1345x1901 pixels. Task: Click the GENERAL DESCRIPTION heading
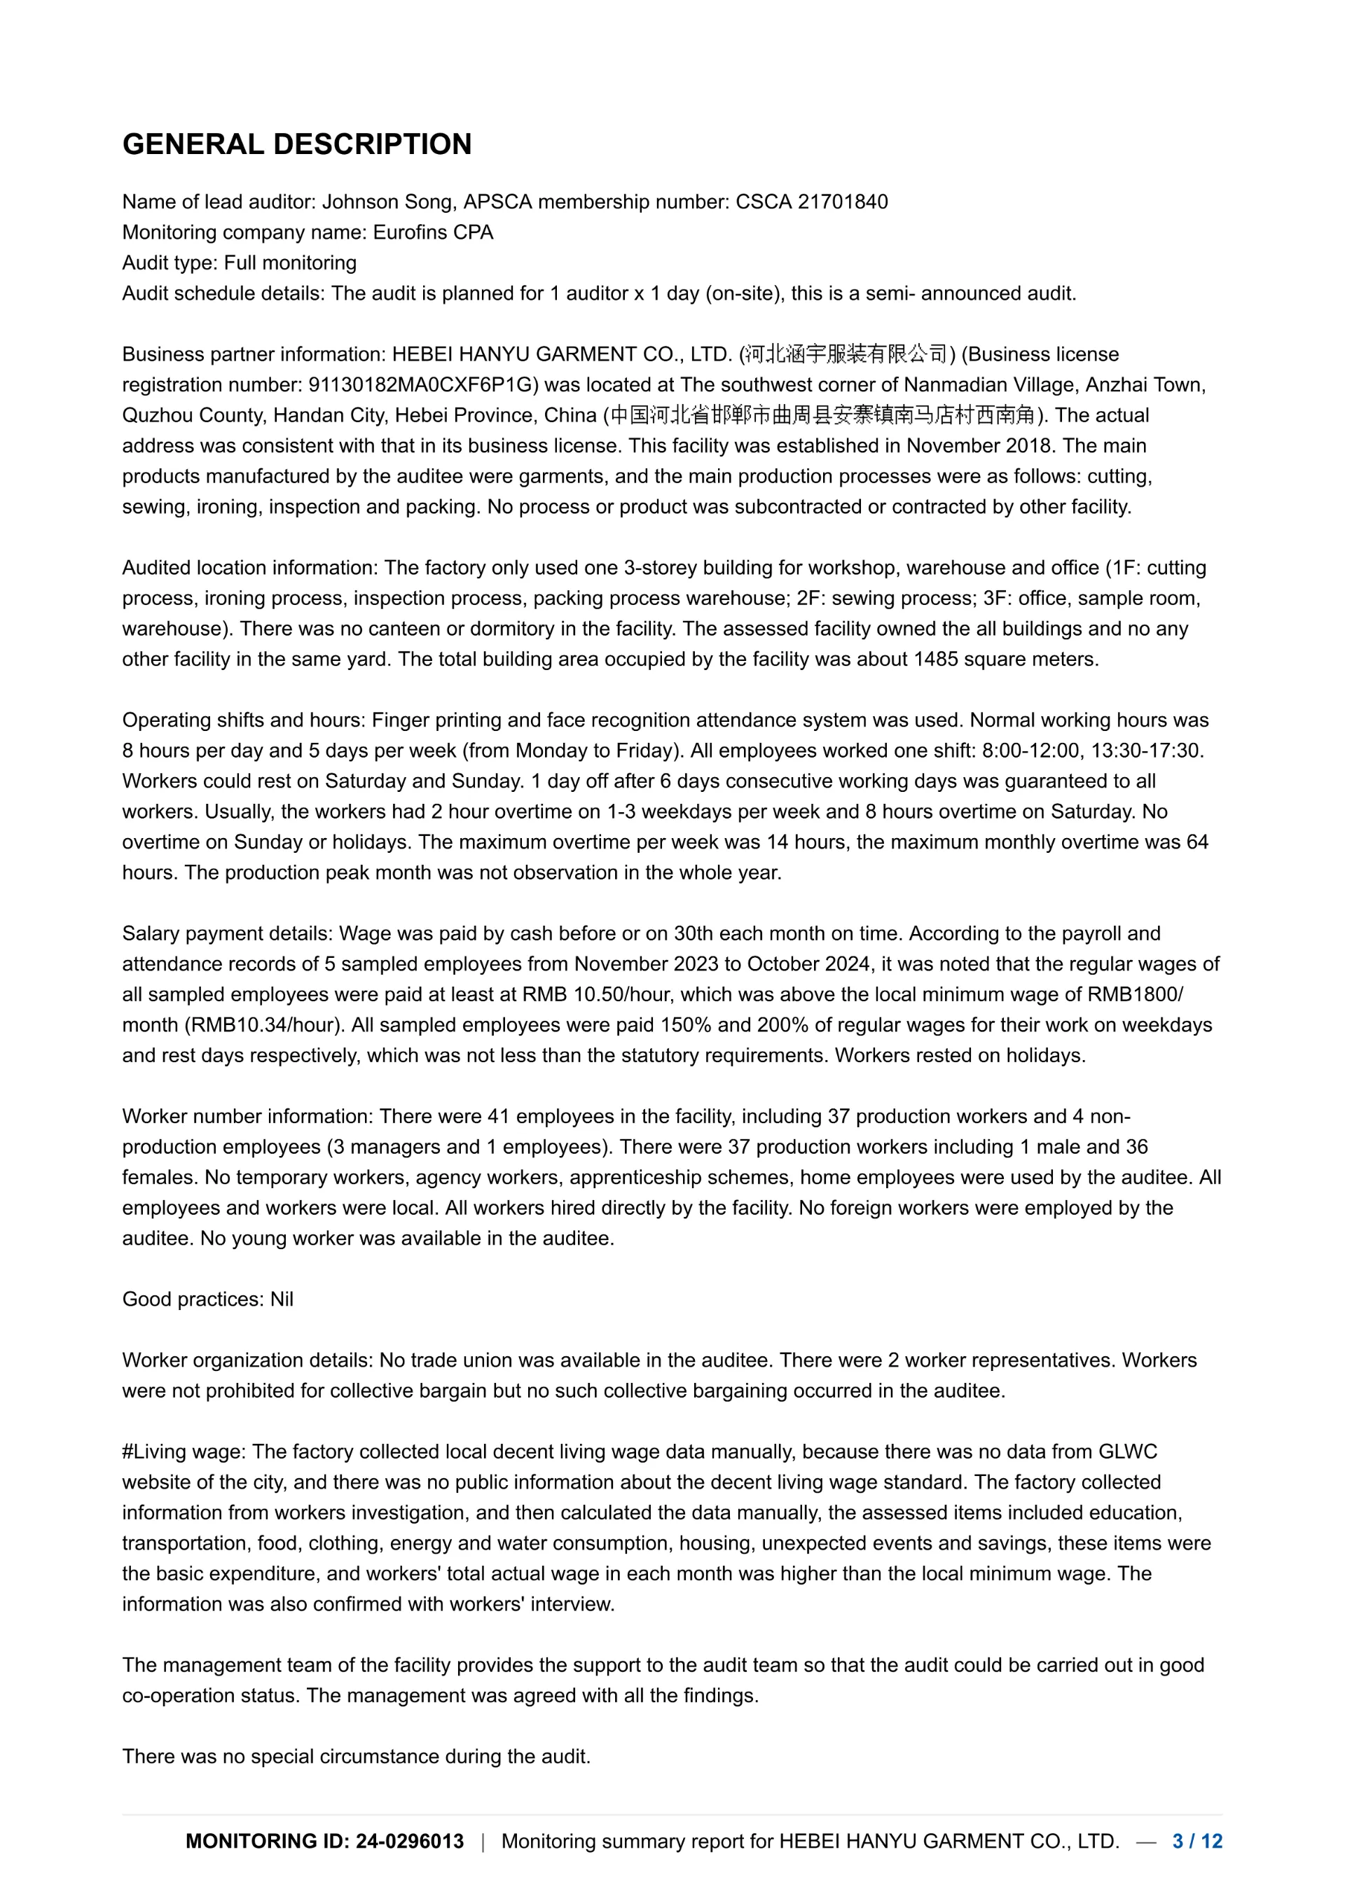coord(296,144)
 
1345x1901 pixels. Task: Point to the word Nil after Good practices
coord(282,1299)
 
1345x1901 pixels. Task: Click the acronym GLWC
coord(1127,1451)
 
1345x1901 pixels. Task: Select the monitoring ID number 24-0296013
coord(409,1841)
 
